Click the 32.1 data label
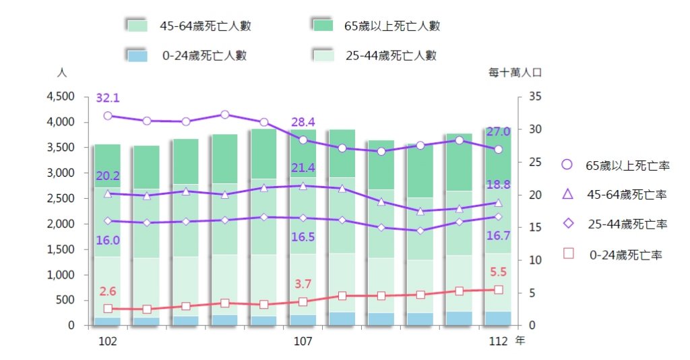point(108,98)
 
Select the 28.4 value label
point(303,122)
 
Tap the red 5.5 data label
point(498,273)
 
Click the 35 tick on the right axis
point(535,97)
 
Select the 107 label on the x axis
point(303,342)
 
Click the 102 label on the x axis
point(108,342)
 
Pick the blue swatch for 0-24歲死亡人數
point(137,55)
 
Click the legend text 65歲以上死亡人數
point(391,26)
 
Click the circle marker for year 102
point(108,116)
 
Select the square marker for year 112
point(499,290)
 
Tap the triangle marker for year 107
point(303,185)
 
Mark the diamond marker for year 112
point(499,216)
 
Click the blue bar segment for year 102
point(108,322)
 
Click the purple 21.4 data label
point(303,168)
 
